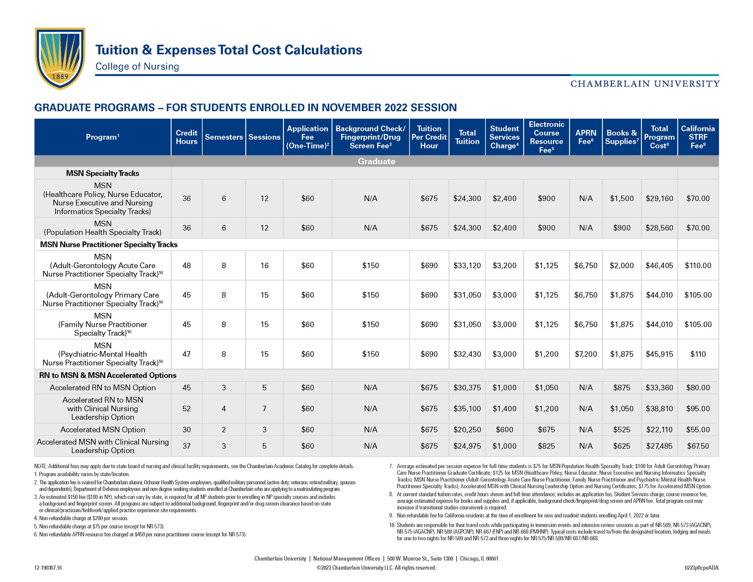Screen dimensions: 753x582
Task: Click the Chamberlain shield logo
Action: coord(60,58)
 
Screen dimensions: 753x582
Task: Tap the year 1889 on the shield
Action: coord(60,76)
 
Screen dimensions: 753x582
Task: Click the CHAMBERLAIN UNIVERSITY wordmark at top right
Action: coord(645,84)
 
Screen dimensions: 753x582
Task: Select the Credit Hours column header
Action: coord(186,137)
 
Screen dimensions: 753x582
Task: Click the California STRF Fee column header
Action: coord(698,137)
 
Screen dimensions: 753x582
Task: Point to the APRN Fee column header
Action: coord(586,137)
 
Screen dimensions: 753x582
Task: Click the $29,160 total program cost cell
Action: coord(659,199)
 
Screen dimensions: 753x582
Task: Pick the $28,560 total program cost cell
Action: coord(659,228)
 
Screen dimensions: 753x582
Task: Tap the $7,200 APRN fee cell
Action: coord(586,354)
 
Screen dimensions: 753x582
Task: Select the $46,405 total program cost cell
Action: coord(659,265)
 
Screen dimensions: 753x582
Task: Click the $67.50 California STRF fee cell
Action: coord(698,446)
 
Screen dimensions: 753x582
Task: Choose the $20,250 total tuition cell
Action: coord(467,429)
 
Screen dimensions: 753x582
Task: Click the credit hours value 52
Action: coord(186,408)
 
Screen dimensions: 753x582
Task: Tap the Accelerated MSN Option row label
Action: coord(103,429)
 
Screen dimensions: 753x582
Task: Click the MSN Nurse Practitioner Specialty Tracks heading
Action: coord(108,244)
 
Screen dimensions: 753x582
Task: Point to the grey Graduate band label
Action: coord(376,161)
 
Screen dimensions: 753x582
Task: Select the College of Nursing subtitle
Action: coord(137,67)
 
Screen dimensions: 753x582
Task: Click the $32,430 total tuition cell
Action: coord(467,354)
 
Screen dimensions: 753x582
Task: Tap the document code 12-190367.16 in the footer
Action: coord(48,568)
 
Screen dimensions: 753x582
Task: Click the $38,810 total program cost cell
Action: coord(659,408)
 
